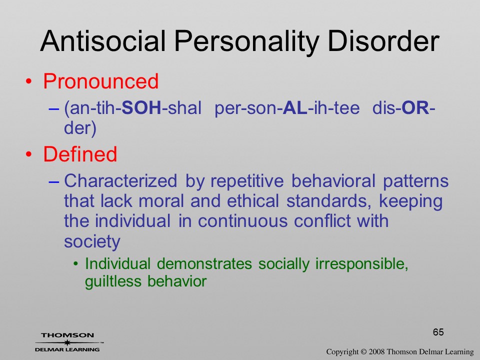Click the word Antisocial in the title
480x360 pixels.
(103, 41)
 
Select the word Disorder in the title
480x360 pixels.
(383, 41)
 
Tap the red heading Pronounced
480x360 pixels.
(100, 81)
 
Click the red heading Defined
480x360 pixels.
(80, 153)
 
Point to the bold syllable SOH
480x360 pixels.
(141, 108)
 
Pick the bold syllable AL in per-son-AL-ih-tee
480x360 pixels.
(295, 108)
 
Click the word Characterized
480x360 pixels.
(120, 180)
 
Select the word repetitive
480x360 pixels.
(247, 181)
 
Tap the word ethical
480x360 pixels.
(253, 201)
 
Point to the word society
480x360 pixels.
(92, 242)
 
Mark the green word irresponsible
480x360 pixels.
(362, 264)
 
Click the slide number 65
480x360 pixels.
(438, 332)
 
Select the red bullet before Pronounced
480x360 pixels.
(29, 81)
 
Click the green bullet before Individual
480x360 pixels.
(75, 264)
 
